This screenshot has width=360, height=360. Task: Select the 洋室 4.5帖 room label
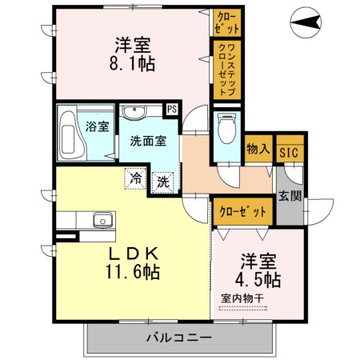click(258, 272)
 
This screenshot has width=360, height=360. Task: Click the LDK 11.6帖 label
click(132, 262)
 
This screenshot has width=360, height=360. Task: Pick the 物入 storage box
click(258, 149)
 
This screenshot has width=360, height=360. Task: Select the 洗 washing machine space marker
click(163, 182)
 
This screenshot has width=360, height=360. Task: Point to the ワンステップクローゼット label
click(226, 70)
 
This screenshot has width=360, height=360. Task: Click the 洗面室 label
click(148, 141)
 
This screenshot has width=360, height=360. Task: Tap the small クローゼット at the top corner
click(222, 22)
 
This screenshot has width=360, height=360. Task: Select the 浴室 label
click(97, 126)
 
